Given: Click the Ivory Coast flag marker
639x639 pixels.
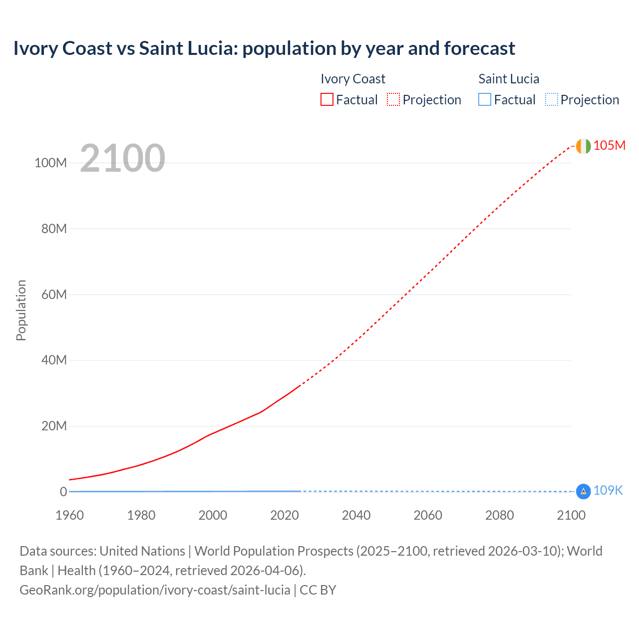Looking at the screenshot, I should pos(583,146).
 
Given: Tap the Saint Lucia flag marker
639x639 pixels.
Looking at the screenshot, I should pos(583,491).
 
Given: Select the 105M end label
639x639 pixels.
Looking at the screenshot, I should pos(609,145).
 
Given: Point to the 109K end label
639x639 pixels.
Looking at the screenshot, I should pos(608,491).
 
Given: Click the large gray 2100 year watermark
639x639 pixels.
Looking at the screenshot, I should pos(122,158).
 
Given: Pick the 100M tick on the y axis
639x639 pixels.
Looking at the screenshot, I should pos(50,163).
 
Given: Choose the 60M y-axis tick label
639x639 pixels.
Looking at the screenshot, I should pos(54,295).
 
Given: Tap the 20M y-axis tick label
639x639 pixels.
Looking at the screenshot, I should pos(54,426).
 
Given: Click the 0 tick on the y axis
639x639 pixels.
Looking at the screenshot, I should pos(63,492).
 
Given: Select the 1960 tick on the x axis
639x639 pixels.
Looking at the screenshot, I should pos(69,515).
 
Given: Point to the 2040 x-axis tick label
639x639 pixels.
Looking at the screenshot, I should pos(356,515).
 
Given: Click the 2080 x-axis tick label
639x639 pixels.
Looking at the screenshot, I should pos(499,515).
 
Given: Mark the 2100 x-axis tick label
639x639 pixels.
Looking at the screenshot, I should pos(571,515).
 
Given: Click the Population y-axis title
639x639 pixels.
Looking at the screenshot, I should pos(21,310).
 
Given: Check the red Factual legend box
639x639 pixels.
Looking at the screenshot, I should pos(327,100).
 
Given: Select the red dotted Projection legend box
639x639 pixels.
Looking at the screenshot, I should pos(393,100).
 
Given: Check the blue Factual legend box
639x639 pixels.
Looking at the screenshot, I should pos(485,100).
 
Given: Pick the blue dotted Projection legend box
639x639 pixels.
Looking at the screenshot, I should pos(552,100).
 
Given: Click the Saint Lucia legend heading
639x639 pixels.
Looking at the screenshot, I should pos(509,79).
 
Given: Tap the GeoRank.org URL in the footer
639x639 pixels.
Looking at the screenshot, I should pos(155,590).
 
